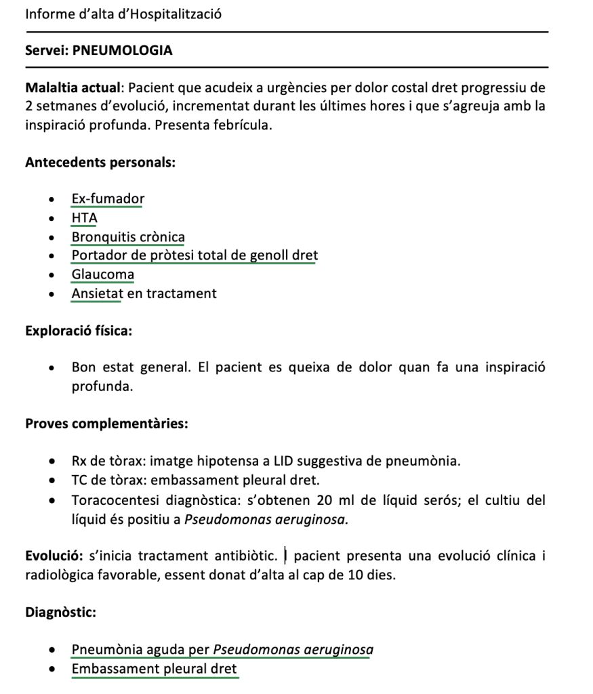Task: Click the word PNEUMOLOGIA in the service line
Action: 122,50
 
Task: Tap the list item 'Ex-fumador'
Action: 108,199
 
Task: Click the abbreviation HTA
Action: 85,218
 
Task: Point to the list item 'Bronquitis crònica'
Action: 128,237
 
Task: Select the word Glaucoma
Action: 103,274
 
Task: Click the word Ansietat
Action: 97,293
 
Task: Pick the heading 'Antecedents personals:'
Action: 100,163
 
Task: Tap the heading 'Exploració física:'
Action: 79,331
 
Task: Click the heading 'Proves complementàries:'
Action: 106,424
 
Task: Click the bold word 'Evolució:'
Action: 54,556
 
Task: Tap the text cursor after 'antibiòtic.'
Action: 286,556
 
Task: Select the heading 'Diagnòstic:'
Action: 60,613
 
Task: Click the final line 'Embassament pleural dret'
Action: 155,669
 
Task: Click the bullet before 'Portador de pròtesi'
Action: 52,256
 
